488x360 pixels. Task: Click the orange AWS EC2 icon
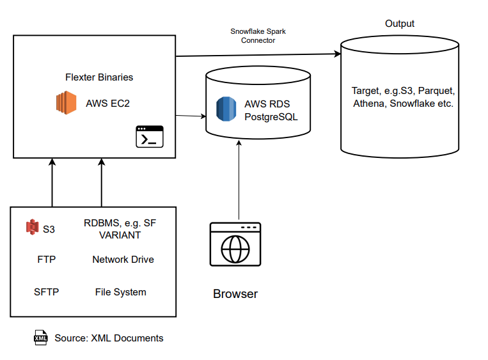point(65,103)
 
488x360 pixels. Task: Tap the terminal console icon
point(150,137)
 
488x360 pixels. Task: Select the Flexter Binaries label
point(99,77)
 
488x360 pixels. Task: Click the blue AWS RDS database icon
point(226,109)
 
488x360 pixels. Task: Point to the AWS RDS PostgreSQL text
point(271,110)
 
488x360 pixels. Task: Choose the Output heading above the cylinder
point(399,24)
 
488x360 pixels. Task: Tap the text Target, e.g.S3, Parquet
point(403,91)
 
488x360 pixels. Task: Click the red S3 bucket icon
point(33,226)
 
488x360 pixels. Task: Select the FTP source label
point(47,260)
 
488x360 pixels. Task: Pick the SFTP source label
point(47,292)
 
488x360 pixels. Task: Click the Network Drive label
point(123,260)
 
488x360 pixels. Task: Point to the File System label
point(120,292)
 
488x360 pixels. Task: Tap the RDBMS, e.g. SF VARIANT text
point(120,229)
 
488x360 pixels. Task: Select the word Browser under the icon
point(235,294)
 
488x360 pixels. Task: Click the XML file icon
point(41,338)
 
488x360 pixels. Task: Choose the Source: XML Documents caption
point(109,338)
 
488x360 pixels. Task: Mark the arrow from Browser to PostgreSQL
point(239,179)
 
